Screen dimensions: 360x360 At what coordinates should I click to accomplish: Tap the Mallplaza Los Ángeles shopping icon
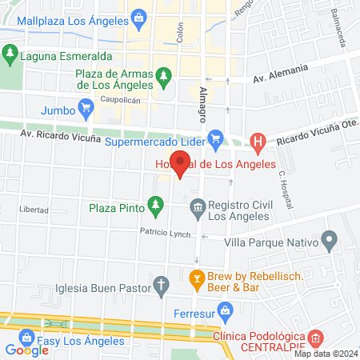click(139, 17)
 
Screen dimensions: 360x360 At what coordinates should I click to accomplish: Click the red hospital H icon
click(258, 144)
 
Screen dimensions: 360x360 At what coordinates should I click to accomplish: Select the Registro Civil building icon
click(197, 208)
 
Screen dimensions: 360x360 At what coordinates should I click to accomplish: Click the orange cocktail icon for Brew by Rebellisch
click(195, 280)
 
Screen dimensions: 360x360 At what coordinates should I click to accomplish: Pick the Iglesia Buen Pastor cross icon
click(161, 284)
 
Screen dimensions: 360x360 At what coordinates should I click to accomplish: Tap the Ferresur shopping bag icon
click(225, 310)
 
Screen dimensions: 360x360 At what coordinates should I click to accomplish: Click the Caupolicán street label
click(120, 101)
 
